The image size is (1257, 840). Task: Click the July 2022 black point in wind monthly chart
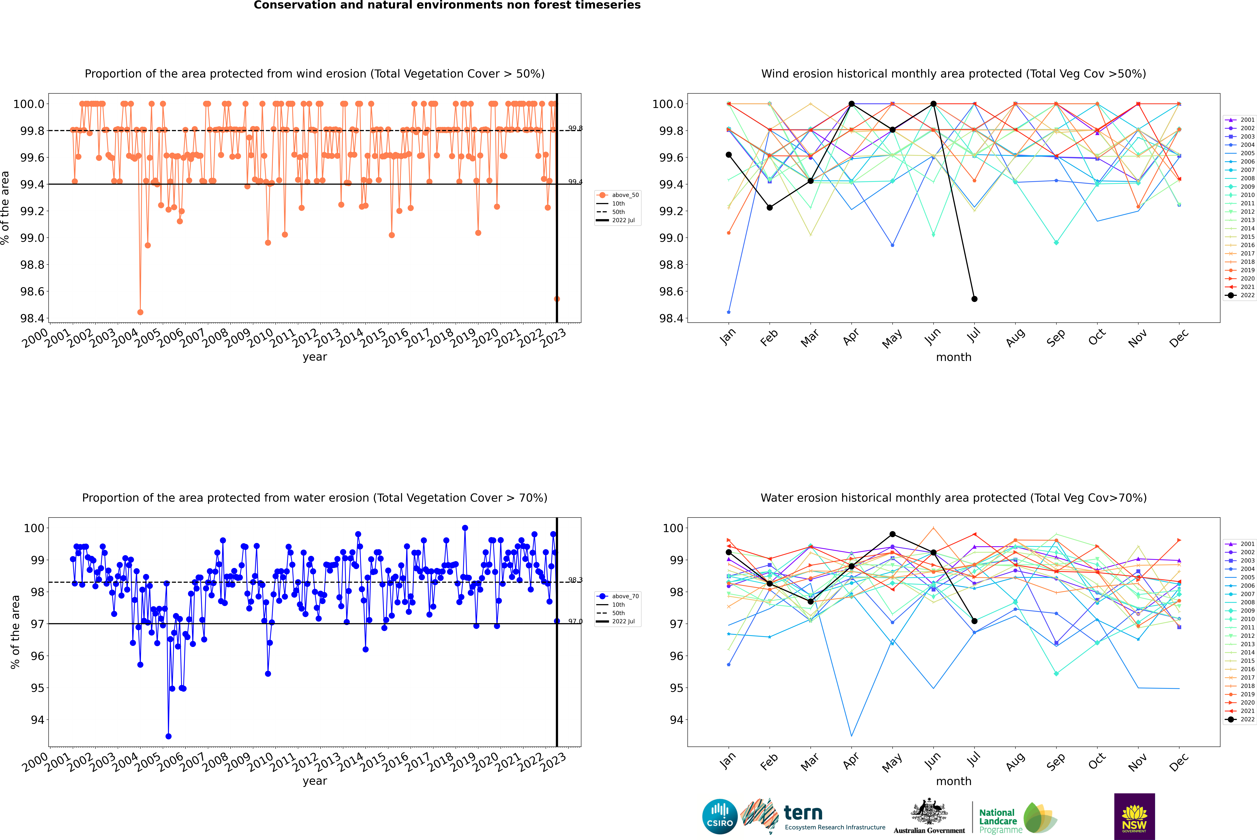[974, 299]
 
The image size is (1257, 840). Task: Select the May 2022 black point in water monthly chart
[892, 534]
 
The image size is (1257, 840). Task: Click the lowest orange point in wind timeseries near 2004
[140, 312]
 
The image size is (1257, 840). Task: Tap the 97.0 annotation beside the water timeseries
[575, 621]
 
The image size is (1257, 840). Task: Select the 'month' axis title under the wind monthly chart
[953, 357]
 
